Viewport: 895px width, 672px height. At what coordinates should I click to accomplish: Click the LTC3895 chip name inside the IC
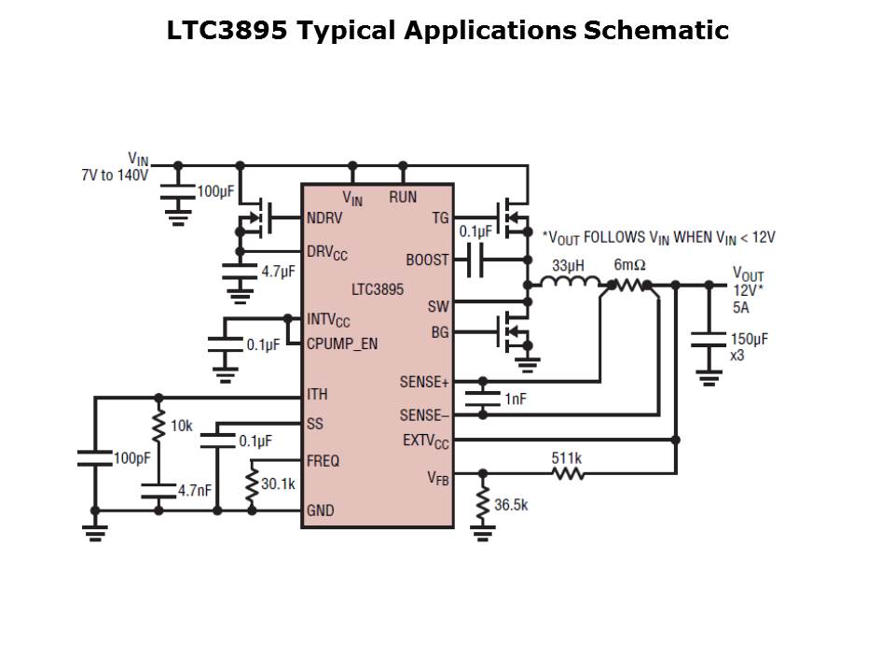[x=378, y=289]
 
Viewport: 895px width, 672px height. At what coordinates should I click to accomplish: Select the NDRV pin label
[x=325, y=219]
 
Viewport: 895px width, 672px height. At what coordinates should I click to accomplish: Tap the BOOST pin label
[x=427, y=259]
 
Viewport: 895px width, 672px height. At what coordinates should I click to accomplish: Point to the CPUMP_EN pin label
[x=342, y=343]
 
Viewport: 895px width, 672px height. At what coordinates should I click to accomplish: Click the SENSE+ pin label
[x=424, y=382]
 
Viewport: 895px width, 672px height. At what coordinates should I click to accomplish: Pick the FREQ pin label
[x=323, y=461]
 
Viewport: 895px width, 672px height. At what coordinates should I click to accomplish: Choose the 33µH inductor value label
[x=568, y=266]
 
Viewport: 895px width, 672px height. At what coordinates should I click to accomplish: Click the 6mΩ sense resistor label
[x=629, y=266]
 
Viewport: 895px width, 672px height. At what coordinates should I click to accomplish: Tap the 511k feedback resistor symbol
[x=568, y=473]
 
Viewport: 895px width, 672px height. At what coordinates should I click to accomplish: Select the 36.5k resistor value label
[x=511, y=505]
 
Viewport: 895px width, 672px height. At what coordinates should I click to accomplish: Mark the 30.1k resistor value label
[x=278, y=484]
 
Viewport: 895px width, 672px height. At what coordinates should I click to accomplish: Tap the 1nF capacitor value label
[x=516, y=399]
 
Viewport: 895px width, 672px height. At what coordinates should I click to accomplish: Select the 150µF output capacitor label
[x=749, y=339]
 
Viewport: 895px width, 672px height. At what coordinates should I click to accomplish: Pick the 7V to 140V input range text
[x=115, y=175]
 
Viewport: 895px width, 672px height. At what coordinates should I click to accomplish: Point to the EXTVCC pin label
[x=426, y=440]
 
